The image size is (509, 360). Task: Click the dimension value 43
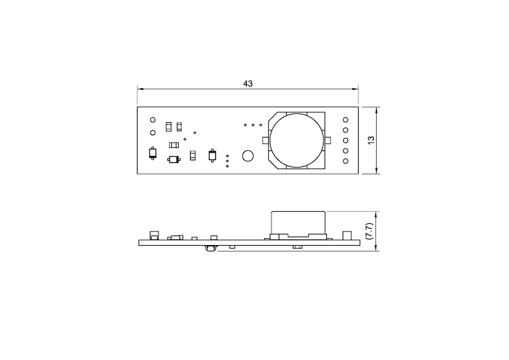[x=248, y=84]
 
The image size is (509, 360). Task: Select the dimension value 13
[x=371, y=140]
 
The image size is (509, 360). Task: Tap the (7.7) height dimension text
[x=369, y=231]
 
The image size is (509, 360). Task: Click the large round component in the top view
[x=297, y=140]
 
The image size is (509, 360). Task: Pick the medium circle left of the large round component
[x=248, y=156]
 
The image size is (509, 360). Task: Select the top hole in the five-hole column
[x=346, y=120]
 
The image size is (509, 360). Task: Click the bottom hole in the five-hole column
[x=346, y=161]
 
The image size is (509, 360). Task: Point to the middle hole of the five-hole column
[x=346, y=140]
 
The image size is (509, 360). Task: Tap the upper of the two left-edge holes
[x=153, y=120]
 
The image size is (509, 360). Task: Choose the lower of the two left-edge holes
[x=153, y=132]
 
